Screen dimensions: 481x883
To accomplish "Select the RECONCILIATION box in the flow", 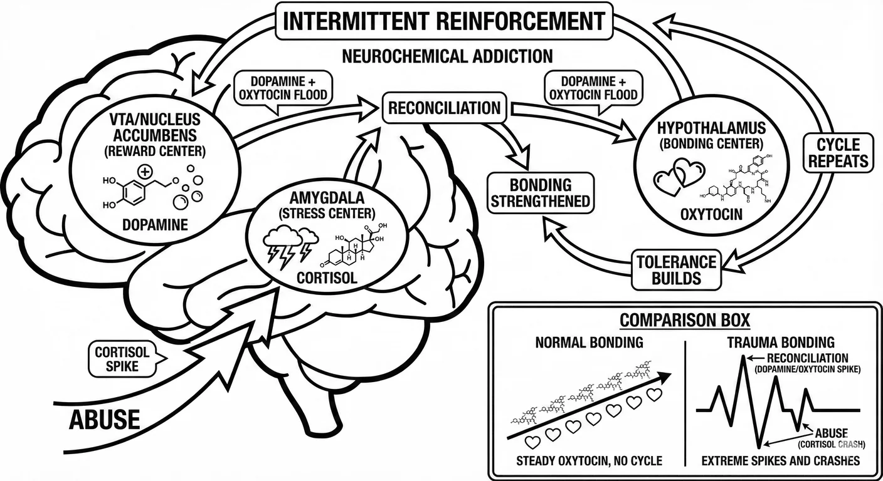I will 444,108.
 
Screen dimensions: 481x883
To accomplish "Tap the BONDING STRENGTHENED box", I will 541,193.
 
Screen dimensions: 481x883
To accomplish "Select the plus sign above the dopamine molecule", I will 145,171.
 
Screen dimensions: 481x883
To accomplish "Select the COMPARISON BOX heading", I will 684,321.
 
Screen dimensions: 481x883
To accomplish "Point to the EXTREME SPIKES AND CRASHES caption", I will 779,462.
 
